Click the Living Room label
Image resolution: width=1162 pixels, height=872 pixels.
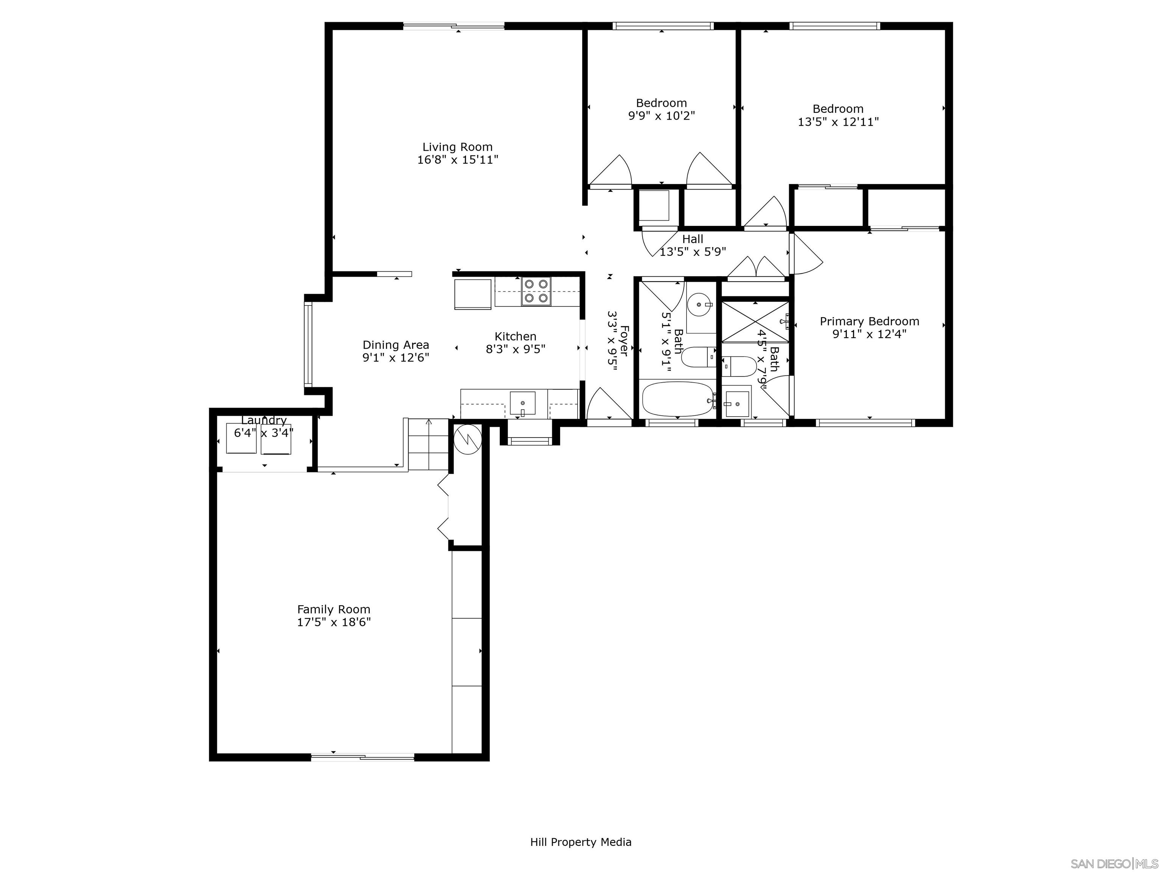coord(458,147)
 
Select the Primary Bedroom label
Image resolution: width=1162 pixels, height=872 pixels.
coord(869,321)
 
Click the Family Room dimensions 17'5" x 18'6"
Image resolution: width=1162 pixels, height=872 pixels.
coord(334,622)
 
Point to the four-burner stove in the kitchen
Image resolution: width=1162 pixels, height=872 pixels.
coord(536,291)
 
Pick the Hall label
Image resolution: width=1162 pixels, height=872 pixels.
coord(692,239)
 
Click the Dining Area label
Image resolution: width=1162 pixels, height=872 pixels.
coord(396,345)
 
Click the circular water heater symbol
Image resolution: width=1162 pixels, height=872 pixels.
coord(467,438)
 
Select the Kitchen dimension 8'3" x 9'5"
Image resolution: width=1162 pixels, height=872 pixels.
coord(515,350)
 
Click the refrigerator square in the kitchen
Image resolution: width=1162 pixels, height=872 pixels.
coord(473,294)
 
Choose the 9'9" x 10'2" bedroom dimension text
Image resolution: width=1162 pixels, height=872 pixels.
coord(661,116)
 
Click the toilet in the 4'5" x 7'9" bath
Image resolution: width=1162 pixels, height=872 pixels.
coord(738,366)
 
